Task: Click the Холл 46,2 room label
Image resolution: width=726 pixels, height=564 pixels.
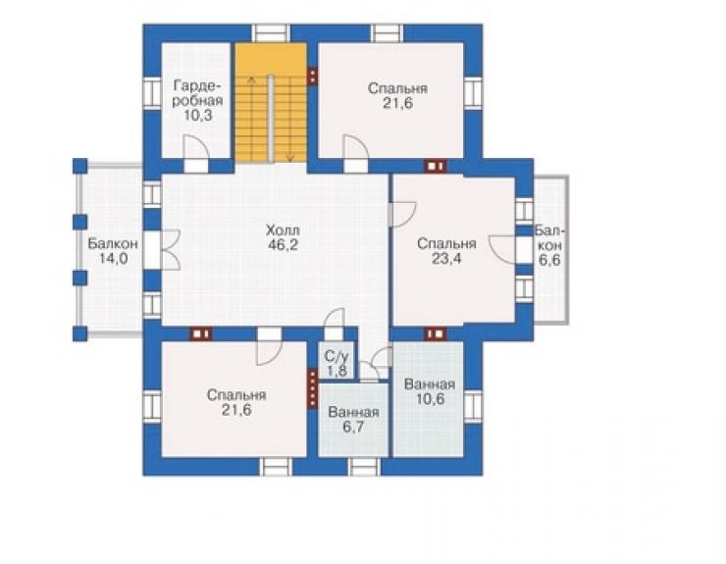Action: point(282,237)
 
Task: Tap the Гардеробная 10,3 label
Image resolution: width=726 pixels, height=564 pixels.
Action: point(198,100)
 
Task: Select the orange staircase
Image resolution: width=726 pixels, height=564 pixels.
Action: point(271,102)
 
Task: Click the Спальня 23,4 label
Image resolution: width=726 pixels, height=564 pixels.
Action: point(446,251)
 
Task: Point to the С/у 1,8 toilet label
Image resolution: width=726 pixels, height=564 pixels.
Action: point(337,363)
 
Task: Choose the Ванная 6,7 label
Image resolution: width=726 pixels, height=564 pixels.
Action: point(353,420)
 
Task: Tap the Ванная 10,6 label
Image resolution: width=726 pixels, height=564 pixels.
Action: point(430,391)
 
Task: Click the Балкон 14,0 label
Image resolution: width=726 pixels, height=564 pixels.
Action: point(113,250)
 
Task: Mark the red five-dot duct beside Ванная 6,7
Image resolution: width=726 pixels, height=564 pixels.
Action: point(313,389)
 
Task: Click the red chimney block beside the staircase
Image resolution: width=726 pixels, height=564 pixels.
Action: point(313,77)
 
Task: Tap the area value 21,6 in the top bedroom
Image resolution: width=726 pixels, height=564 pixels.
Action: point(397,103)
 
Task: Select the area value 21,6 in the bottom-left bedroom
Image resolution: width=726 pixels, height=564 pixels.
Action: point(236,410)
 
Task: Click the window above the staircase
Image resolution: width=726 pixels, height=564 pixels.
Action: point(272,33)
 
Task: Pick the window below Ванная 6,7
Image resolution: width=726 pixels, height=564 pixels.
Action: point(364,466)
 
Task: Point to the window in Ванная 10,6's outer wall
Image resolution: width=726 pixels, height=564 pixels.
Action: point(473,406)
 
